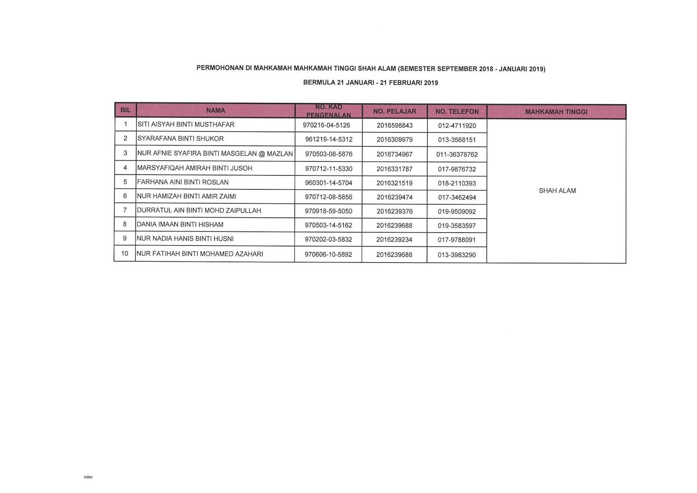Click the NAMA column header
pos(216,111)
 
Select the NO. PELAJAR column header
pos(395,112)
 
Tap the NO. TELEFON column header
pos(457,112)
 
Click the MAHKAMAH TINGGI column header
pos(556,112)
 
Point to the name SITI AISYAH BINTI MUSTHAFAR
pos(186,125)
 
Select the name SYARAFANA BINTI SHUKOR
pos(180,139)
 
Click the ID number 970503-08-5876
pos(329,154)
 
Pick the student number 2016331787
pos(395,169)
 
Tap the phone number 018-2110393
pos(457,184)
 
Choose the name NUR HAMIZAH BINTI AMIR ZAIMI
pos(187,197)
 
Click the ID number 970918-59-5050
pos(328,211)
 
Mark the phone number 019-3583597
pos(457,226)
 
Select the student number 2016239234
pos(394,240)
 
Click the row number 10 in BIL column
pos(125,254)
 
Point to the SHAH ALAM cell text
pos(557,191)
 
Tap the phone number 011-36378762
pos(457,155)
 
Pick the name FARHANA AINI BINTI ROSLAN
pos(183,182)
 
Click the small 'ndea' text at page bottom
pos(88,477)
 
